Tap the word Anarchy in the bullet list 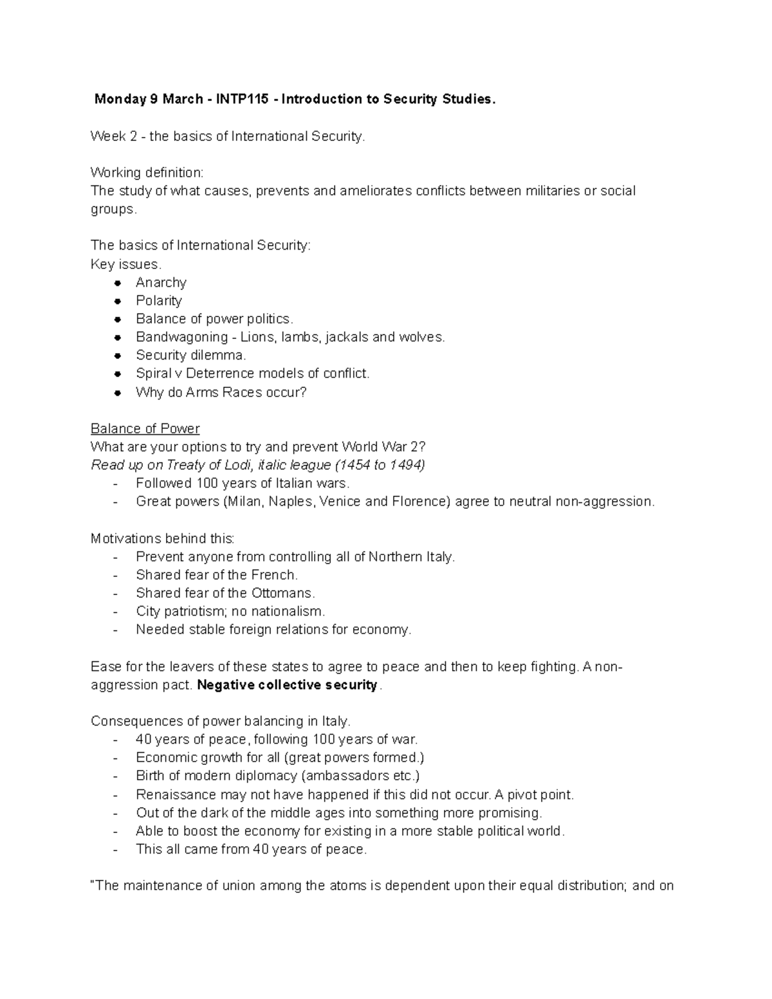click(161, 282)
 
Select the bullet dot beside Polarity click(117, 301)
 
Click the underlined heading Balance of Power click(145, 428)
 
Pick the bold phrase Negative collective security click(288, 685)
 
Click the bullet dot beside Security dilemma click(117, 356)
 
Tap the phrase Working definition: click(147, 172)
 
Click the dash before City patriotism click(115, 612)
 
